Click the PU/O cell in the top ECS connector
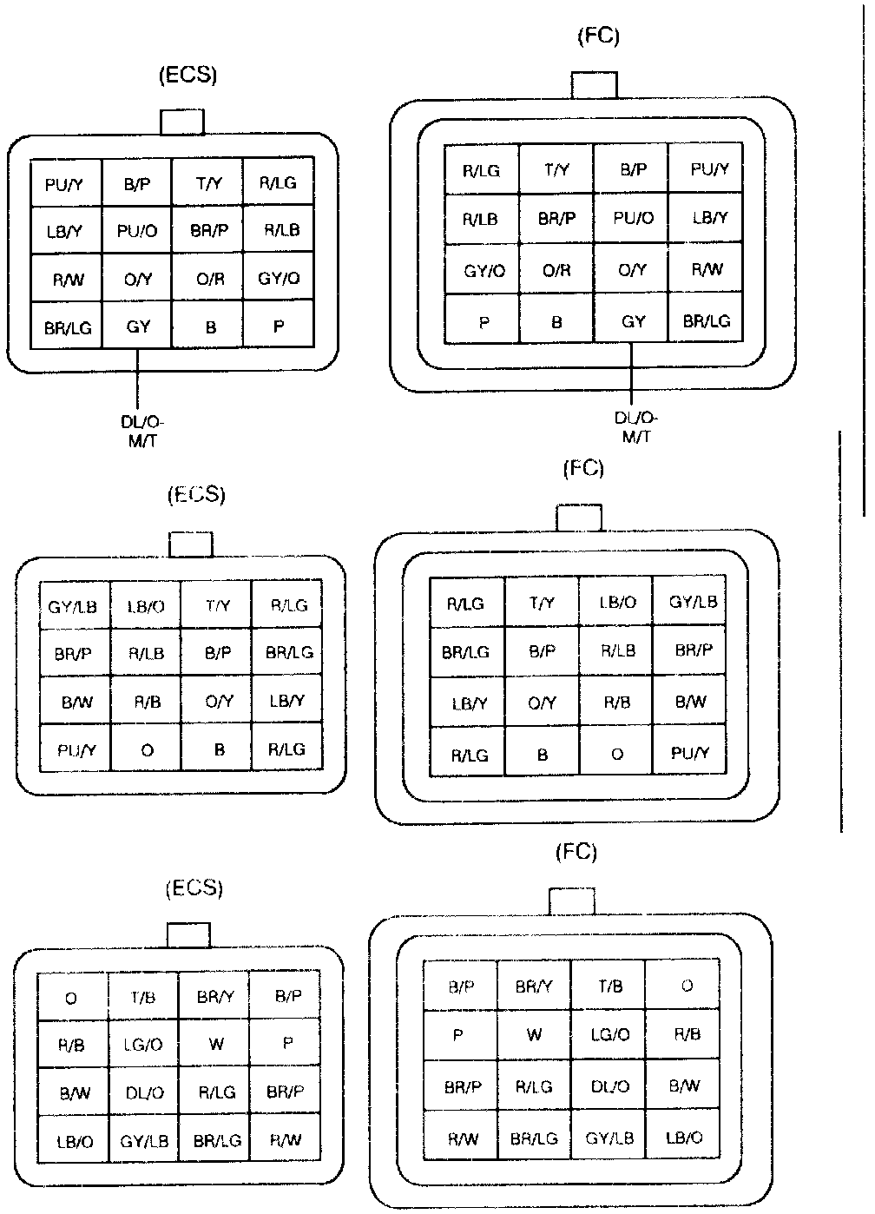[x=137, y=231]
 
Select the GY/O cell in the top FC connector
[x=483, y=270]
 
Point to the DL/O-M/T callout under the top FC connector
[x=635, y=427]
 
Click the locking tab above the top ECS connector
[x=182, y=122]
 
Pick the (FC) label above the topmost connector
[x=599, y=36]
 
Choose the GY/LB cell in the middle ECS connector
[x=73, y=606]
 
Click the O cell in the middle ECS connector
[x=147, y=750]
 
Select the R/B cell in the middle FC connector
[x=616, y=702]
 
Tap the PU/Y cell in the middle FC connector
[x=691, y=753]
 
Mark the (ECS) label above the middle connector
[x=196, y=495]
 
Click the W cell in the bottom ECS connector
[x=216, y=1045]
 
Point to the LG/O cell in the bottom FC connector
[x=609, y=1035]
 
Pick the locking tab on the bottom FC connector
[x=572, y=901]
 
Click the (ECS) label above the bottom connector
[x=194, y=888]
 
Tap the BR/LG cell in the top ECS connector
[x=68, y=328]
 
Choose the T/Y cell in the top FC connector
[x=556, y=170]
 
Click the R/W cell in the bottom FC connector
[x=462, y=1138]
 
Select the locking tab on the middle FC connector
[x=579, y=518]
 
